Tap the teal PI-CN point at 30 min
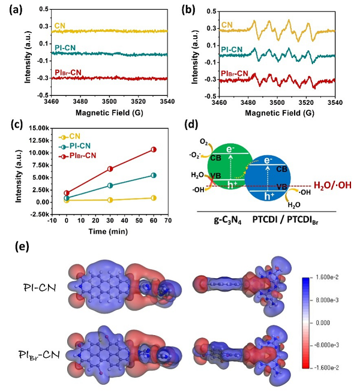point(110,185)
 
